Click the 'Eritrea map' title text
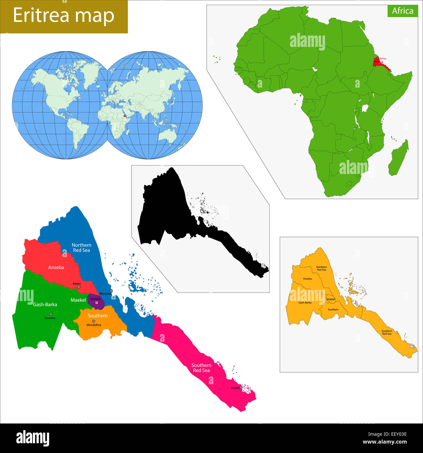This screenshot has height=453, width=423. pyautogui.click(x=63, y=16)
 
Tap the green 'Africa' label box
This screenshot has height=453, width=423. pyautogui.click(x=403, y=11)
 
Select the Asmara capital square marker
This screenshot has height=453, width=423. pyautogui.click(x=97, y=303)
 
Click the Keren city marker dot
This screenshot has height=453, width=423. pyautogui.click(x=79, y=287)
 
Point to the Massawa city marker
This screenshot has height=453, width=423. pyautogui.click(x=111, y=291)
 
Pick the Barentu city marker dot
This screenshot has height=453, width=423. pyautogui.click(x=51, y=314)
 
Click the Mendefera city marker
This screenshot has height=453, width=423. pyautogui.click(x=94, y=321)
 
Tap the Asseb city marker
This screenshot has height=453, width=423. pyautogui.click(x=241, y=387)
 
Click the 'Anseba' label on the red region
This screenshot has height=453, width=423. pyautogui.click(x=56, y=267)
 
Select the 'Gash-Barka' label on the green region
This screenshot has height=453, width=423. pyautogui.click(x=45, y=304)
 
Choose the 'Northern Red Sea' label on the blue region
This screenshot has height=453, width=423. pyautogui.click(x=81, y=248)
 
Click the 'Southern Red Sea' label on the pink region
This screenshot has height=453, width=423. pyautogui.click(x=201, y=368)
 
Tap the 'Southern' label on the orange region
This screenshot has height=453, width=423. pyautogui.click(x=98, y=315)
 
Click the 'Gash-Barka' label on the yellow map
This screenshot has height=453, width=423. pyautogui.click(x=305, y=302)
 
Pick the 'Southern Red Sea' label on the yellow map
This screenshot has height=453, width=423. pyautogui.click(x=387, y=332)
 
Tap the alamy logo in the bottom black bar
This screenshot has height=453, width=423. pyautogui.click(x=33, y=438)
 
